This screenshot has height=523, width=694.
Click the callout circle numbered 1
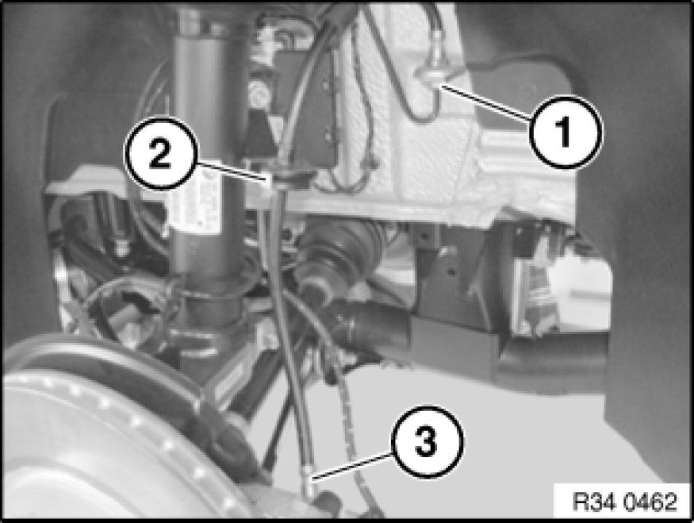(566, 132)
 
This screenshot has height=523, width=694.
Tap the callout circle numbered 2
(161, 153)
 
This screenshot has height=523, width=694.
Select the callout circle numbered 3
(428, 441)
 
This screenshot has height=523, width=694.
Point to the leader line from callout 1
(486, 103)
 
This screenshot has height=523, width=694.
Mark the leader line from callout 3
(352, 465)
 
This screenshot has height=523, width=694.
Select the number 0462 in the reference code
(650, 502)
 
